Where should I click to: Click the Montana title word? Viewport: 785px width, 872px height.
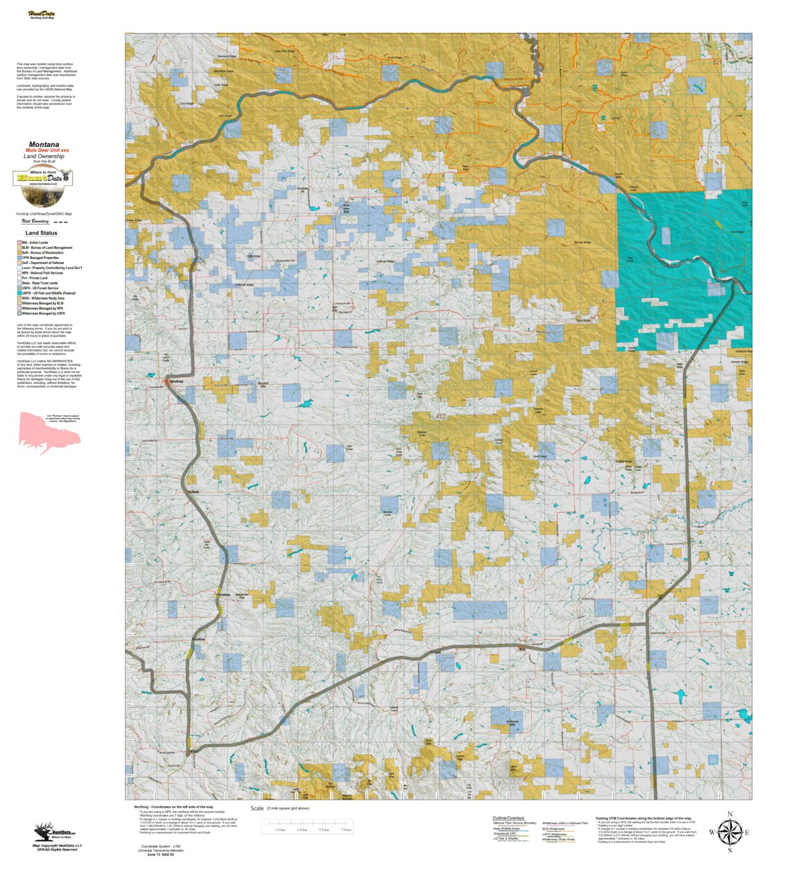tap(44, 145)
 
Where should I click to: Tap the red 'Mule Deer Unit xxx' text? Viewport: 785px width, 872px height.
tap(47, 150)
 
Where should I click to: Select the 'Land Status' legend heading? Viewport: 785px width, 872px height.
tap(42, 233)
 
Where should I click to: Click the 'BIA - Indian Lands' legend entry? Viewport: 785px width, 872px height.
tap(35, 243)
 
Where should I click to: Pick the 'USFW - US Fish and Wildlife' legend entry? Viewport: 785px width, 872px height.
tap(49, 293)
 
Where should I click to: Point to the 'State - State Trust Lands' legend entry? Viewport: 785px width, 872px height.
tap(40, 283)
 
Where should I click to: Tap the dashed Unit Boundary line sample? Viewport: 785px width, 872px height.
tap(61, 223)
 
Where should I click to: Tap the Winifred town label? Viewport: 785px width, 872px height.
tap(176, 381)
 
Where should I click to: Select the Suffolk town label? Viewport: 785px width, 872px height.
tap(193, 492)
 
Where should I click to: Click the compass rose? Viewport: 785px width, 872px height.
tap(729, 832)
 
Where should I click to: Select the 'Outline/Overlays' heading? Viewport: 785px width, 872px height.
tap(508, 818)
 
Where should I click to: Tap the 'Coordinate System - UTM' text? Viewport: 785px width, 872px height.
tap(160, 846)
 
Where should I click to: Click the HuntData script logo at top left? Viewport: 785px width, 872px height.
tap(42, 15)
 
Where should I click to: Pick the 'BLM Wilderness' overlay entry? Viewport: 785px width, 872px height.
tap(553, 829)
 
